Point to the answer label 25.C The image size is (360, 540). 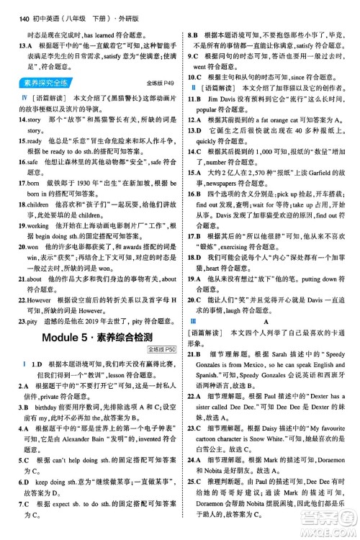pos(196,481)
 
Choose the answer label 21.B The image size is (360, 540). pos(196,330)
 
